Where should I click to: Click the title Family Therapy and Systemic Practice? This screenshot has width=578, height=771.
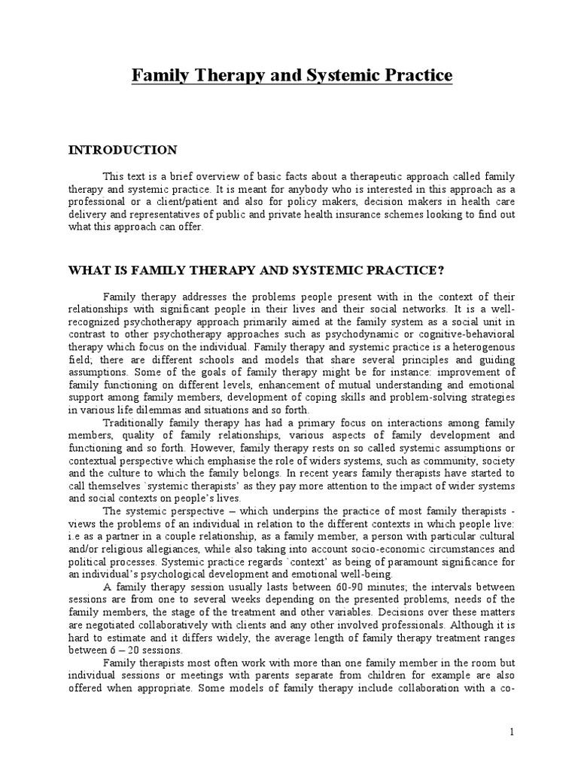[293, 76]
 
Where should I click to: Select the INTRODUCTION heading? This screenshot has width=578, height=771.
[123, 150]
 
